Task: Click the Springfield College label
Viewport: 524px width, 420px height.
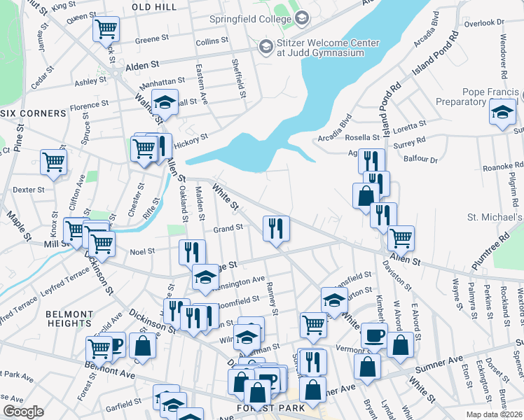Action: click(x=249, y=19)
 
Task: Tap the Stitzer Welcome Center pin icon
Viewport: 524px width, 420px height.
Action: click(x=266, y=47)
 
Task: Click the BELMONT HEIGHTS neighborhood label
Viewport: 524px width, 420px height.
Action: click(x=69, y=319)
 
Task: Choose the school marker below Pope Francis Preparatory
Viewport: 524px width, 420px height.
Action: click(x=502, y=112)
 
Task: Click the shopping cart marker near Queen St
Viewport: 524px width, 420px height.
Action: click(x=106, y=29)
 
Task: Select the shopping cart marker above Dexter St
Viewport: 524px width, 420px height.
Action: click(x=53, y=162)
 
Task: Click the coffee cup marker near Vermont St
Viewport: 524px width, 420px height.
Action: click(x=374, y=335)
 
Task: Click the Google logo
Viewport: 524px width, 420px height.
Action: click(x=24, y=412)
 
